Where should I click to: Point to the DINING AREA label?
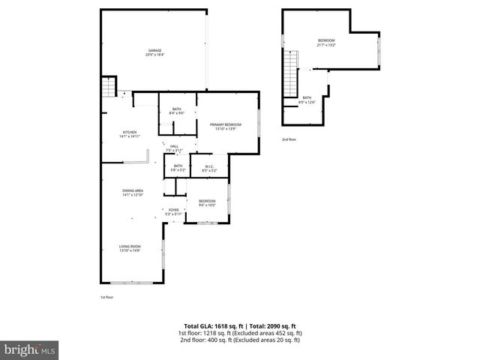coord(133,193)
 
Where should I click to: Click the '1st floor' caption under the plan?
coord(106,298)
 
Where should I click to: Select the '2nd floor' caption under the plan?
coord(289,139)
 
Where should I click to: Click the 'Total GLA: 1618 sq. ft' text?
coord(203,325)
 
